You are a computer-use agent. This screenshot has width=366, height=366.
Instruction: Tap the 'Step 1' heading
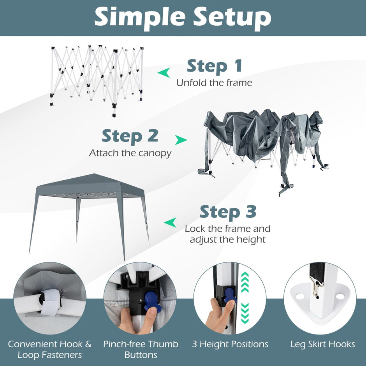214,67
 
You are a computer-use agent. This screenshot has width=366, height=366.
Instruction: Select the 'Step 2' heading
130,137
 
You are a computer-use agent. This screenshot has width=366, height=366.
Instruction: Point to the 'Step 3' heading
228,212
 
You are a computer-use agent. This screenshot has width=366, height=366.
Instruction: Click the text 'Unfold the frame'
214,83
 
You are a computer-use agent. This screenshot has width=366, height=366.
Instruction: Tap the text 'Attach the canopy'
130,153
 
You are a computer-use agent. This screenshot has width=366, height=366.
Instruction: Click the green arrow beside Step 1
164,72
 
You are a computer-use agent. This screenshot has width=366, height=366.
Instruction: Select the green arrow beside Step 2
181,140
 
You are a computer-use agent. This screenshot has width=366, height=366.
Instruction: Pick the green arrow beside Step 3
170,222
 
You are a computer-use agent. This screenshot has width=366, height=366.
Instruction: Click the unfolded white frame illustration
97,79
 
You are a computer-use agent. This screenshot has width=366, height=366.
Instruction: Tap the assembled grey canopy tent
89,215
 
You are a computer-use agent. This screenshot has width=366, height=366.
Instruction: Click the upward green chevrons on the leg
245,282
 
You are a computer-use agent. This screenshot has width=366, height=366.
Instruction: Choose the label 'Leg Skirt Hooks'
322,344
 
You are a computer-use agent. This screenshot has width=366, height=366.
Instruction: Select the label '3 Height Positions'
230,344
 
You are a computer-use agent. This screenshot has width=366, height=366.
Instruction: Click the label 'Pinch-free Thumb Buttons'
141,349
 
